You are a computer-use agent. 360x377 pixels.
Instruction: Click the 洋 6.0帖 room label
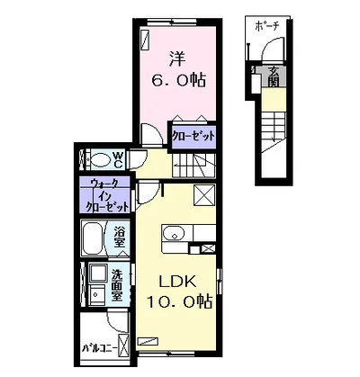pyautogui.click(x=178, y=69)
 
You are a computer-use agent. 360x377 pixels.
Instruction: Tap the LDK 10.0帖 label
pyautogui.click(x=179, y=292)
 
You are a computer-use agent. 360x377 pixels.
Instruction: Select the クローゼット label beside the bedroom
pyautogui.click(x=193, y=136)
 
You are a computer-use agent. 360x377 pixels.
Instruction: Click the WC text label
pyautogui.click(x=118, y=160)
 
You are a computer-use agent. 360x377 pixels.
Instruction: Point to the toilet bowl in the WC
pyautogui.click(x=101, y=160)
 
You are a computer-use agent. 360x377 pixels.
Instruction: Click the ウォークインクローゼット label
pyautogui.click(x=107, y=195)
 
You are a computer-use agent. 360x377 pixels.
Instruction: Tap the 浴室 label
pyautogui.click(x=120, y=238)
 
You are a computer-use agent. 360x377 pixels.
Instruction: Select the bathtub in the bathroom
pyautogui.click(x=94, y=238)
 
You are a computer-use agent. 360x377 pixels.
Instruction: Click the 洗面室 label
pyautogui.click(x=117, y=285)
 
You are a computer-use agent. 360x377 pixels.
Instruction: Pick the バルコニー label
pyautogui.click(x=100, y=348)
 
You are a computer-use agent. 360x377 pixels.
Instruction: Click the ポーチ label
pyautogui.click(x=267, y=27)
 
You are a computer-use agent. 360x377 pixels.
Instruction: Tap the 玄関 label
pyautogui.click(x=274, y=76)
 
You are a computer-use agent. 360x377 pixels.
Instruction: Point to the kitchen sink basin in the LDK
pyautogui.click(x=174, y=233)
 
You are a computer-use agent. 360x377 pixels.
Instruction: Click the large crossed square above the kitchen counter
pyautogui.click(x=204, y=195)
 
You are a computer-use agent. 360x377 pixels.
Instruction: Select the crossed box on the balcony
pyautogui.click(x=123, y=344)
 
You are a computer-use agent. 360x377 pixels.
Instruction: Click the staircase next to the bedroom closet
pyautogui.click(x=194, y=166)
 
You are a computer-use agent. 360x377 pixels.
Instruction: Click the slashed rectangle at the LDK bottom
pyautogui.click(x=148, y=341)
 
